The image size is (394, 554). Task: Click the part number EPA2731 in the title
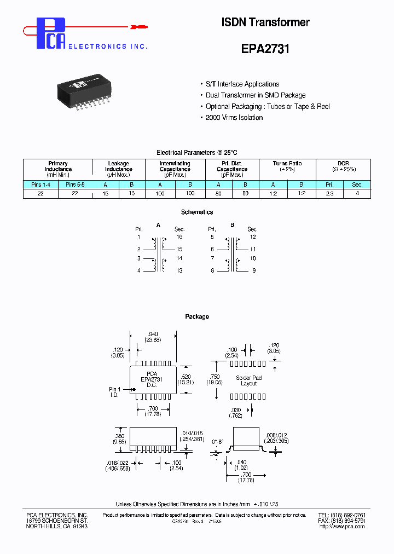[x=265, y=49]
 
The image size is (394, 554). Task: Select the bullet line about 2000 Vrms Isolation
[x=234, y=118]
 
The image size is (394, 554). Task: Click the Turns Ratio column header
[x=287, y=164]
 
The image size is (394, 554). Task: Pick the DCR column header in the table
[x=343, y=164]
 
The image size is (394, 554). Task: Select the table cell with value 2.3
[x=330, y=194]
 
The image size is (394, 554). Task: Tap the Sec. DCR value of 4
[x=357, y=194]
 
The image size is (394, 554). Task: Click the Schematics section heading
[x=197, y=212]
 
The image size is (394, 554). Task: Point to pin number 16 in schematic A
[x=179, y=237]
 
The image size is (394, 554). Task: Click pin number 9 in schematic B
[x=253, y=270]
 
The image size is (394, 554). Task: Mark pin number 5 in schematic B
[x=212, y=237]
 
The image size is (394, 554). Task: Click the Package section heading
[x=197, y=317]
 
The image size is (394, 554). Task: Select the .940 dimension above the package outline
[x=153, y=333]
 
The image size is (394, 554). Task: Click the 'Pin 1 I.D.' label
[x=114, y=392]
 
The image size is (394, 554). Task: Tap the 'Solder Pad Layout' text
[x=248, y=381]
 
